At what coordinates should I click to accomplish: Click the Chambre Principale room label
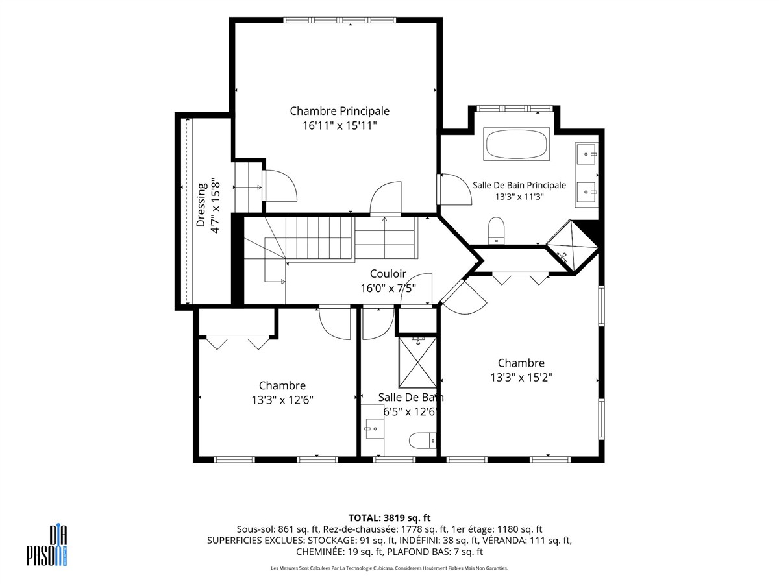[340, 111]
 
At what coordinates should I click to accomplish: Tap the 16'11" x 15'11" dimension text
[340, 125]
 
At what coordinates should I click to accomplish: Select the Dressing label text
[201, 204]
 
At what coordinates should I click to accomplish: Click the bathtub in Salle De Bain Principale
[516, 144]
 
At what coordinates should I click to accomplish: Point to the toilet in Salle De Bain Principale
[496, 230]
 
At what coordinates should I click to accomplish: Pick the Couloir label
[388, 274]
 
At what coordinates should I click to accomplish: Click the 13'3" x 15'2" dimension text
[521, 377]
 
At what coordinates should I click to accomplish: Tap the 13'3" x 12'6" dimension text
[282, 400]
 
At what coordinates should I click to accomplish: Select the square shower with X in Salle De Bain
[417, 362]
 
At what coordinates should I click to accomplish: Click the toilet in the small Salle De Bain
[423, 441]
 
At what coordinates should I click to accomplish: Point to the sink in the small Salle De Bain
[375, 429]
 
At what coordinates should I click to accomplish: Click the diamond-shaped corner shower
[572, 246]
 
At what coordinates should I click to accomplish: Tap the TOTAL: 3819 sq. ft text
[389, 518]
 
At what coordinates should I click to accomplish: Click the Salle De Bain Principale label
[519, 185]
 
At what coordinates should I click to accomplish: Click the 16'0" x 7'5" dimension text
[388, 288]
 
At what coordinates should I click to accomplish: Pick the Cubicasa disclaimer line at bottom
[389, 568]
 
